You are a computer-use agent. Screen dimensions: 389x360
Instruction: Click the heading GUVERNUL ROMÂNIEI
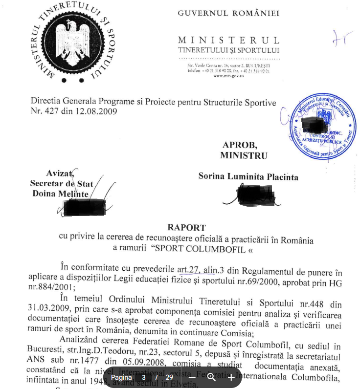tap(228, 13)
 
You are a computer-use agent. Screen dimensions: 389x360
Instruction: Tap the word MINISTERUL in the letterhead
tap(228, 41)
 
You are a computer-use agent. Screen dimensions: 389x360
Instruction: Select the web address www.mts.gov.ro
tap(229, 76)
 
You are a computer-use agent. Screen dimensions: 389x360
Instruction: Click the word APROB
tap(239, 145)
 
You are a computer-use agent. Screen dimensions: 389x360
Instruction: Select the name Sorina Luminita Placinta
tap(248, 176)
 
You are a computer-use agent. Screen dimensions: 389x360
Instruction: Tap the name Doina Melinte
tap(60, 194)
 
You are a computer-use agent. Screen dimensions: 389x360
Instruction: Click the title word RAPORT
tap(187, 227)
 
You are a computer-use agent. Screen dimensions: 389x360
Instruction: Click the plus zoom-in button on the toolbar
tap(231, 378)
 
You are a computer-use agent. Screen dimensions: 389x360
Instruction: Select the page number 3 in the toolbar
tap(144, 378)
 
